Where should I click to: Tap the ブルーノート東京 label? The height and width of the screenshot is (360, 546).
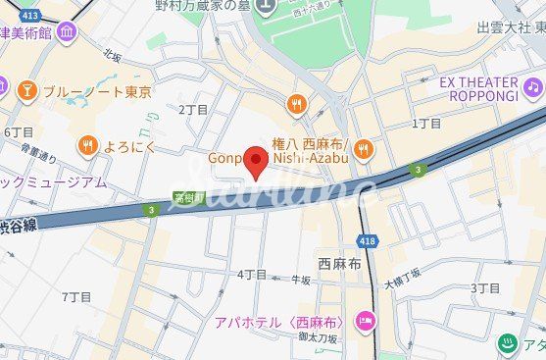point(98,92)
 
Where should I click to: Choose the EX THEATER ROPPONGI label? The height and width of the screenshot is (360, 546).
point(477,88)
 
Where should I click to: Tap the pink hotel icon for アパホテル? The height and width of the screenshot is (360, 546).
point(365,321)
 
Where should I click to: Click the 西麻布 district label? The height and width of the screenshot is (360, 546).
point(340,265)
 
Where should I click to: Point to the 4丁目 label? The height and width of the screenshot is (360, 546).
point(252,274)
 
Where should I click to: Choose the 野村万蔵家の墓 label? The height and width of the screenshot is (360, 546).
point(202,6)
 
